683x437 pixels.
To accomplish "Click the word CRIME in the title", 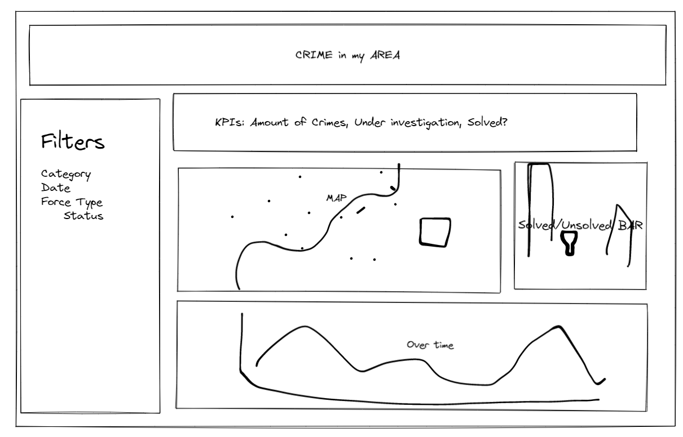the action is point(314,55).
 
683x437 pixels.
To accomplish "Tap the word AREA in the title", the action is point(385,55).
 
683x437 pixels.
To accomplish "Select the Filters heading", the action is point(73,141).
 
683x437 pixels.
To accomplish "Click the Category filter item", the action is point(66,175).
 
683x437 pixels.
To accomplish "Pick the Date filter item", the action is point(56,188).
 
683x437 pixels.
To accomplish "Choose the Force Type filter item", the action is point(72,202).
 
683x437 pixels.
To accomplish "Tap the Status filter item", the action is point(83,216).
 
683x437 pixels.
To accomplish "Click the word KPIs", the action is point(230,122).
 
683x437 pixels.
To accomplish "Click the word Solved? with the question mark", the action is point(487,122).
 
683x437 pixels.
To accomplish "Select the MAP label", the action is point(336,198).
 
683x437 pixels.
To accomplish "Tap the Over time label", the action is point(430,345).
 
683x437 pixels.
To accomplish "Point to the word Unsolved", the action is point(587,225).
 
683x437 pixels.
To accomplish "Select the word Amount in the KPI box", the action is point(269,123).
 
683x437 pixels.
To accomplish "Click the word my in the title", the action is point(358,57).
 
